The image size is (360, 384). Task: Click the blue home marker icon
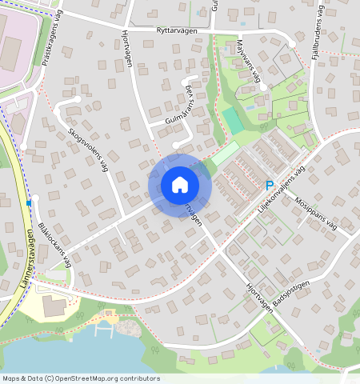point(180,185)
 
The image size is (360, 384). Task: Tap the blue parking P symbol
point(270,186)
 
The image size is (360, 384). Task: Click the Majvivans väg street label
point(249,62)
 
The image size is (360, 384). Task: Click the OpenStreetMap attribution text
point(80,378)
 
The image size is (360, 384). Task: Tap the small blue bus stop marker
point(29,203)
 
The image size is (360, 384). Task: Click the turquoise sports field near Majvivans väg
point(232,121)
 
